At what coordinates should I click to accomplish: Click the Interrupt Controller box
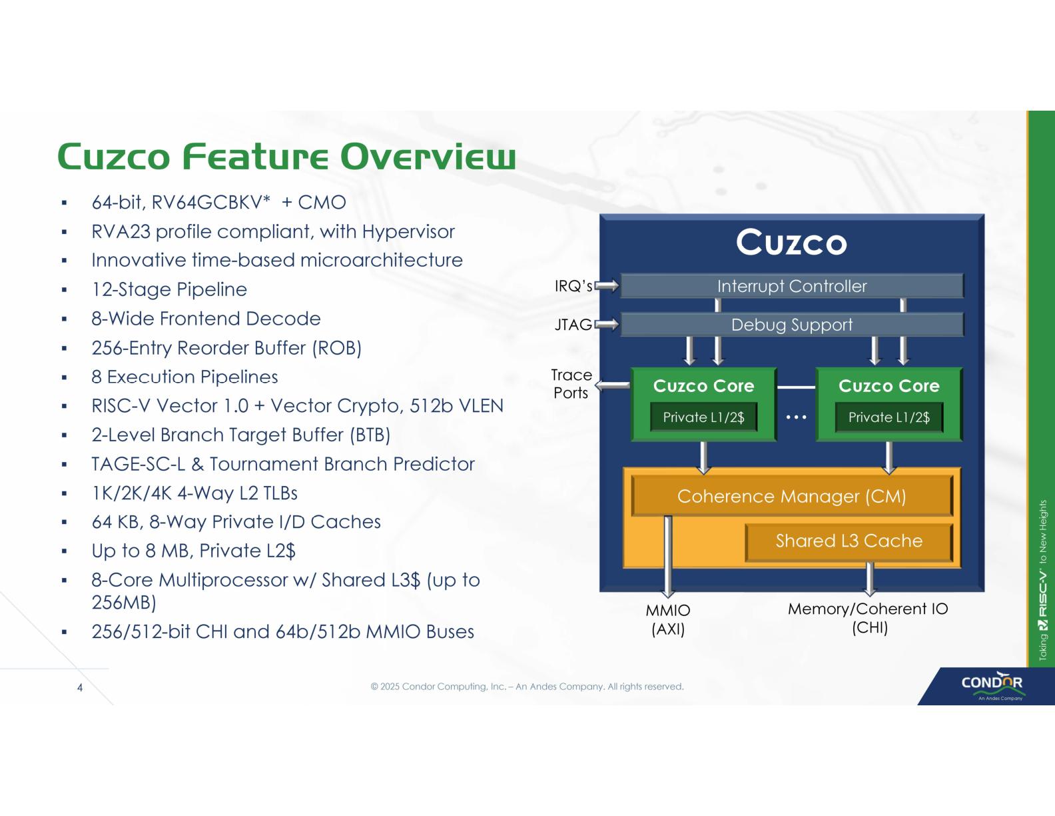(792, 286)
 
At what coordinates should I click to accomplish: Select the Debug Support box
(792, 325)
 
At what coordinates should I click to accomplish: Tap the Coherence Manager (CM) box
(791, 496)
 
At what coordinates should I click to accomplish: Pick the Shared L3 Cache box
(849, 541)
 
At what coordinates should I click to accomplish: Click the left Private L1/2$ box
(703, 417)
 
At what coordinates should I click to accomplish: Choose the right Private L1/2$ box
(888, 417)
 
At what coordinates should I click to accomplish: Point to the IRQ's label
(573, 286)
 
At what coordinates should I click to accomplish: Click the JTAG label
(573, 325)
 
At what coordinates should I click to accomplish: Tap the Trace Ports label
(571, 384)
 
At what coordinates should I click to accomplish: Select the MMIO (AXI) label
(668, 619)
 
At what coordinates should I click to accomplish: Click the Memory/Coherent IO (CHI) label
(868, 618)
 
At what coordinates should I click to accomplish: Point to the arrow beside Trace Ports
(612, 385)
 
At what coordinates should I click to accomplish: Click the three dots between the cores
(796, 417)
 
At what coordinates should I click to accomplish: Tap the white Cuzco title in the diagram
(791, 242)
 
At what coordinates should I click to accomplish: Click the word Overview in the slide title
(428, 157)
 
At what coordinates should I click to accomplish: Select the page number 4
(80, 687)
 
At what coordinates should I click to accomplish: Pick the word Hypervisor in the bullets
(408, 231)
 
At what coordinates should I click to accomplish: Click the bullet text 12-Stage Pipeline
(169, 289)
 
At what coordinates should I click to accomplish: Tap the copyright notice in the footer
(527, 687)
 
